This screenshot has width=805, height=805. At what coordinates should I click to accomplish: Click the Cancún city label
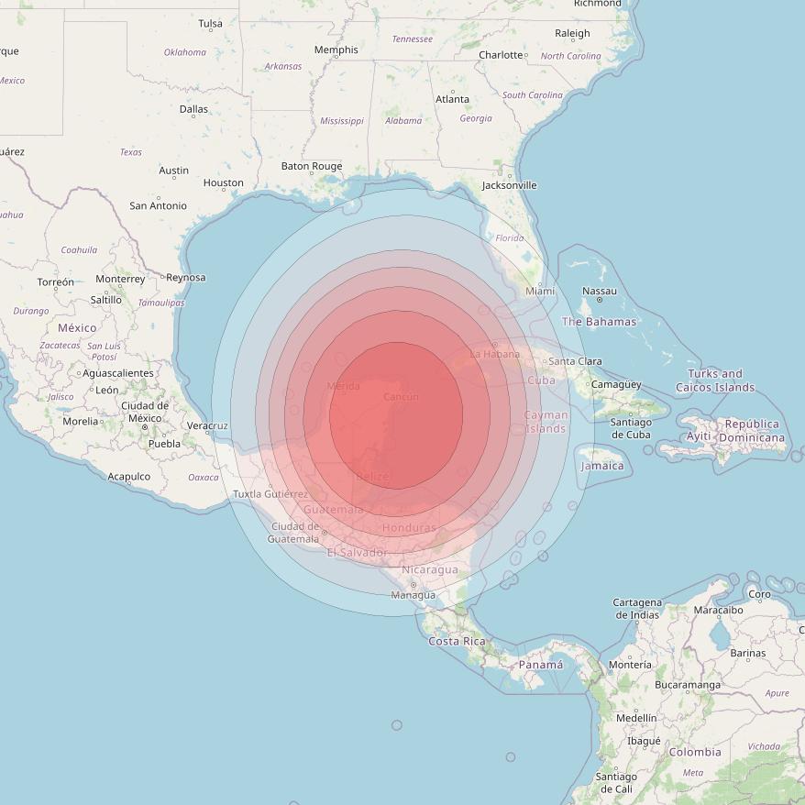(401, 397)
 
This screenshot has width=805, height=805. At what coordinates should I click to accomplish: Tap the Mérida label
(343, 386)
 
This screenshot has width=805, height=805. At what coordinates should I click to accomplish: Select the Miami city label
(540, 291)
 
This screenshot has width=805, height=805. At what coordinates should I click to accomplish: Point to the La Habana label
(494, 354)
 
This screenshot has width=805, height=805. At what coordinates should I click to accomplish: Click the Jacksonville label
(509, 185)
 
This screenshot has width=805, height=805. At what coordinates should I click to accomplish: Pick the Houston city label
(223, 182)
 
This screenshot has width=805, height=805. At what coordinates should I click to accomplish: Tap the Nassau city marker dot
(600, 300)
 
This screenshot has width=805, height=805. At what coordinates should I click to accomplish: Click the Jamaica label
(601, 466)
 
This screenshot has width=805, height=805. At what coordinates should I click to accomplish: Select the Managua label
(413, 595)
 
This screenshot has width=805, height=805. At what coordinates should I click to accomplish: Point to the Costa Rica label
(457, 641)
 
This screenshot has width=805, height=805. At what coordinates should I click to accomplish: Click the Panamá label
(541, 664)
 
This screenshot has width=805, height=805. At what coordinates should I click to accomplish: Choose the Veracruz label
(206, 425)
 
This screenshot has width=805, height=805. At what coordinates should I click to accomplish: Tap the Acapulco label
(128, 476)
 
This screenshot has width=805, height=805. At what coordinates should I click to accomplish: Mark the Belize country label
(372, 477)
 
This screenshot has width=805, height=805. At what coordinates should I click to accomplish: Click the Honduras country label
(409, 528)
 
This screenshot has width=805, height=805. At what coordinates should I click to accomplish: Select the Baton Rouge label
(312, 166)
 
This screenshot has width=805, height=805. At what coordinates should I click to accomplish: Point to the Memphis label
(336, 50)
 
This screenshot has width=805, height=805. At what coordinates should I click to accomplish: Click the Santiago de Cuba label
(631, 428)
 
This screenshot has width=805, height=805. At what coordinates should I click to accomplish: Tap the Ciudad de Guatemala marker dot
(324, 532)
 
